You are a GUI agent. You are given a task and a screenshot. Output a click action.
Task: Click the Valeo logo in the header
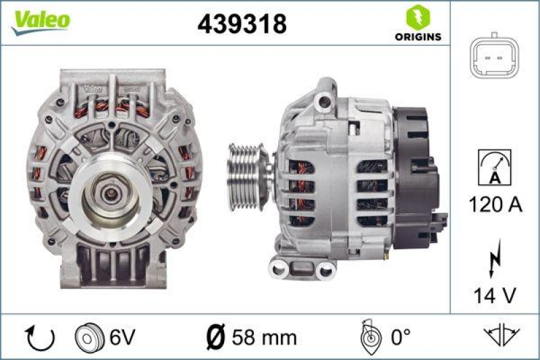40,21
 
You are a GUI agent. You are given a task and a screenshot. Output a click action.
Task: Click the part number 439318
242,24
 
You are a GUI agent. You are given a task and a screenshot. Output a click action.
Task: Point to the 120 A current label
494,204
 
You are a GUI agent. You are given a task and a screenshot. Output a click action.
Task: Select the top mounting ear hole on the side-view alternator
327,101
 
